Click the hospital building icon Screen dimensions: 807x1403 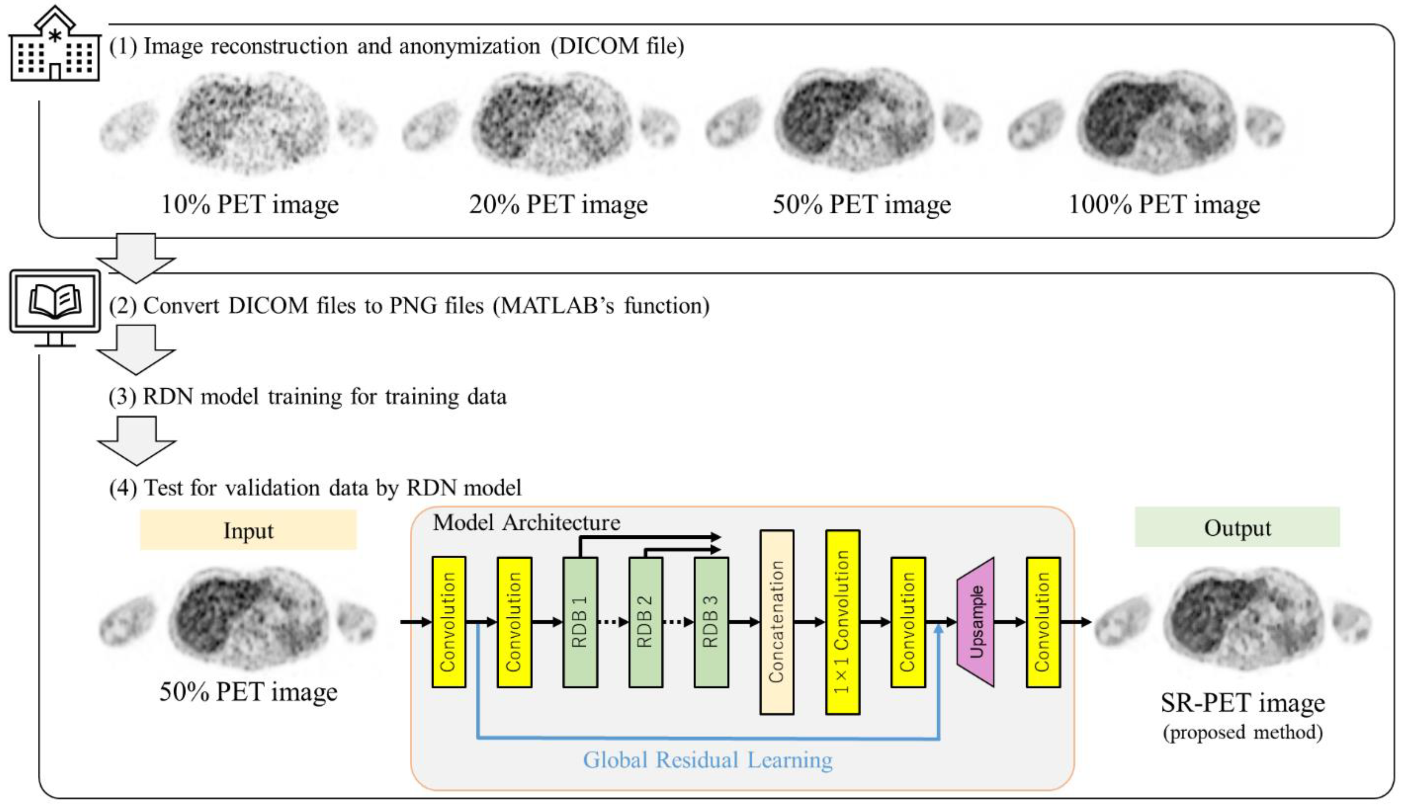pos(54,45)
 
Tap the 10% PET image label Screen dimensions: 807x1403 pos(249,204)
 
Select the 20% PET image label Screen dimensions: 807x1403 pos(558,204)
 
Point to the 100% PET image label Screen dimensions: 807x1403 pos(1164,204)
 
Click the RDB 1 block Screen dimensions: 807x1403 pos(580,622)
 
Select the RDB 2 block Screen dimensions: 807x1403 pos(645,622)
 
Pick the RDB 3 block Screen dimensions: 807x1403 pos(711,622)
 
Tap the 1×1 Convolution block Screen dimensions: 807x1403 pos(842,622)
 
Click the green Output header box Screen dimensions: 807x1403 pos(1237,527)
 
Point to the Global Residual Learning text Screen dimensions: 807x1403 pos(707,760)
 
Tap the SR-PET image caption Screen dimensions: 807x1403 pos(1243,703)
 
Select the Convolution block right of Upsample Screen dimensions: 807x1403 pos(1043,622)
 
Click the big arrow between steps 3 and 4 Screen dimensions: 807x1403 pos(136,440)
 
